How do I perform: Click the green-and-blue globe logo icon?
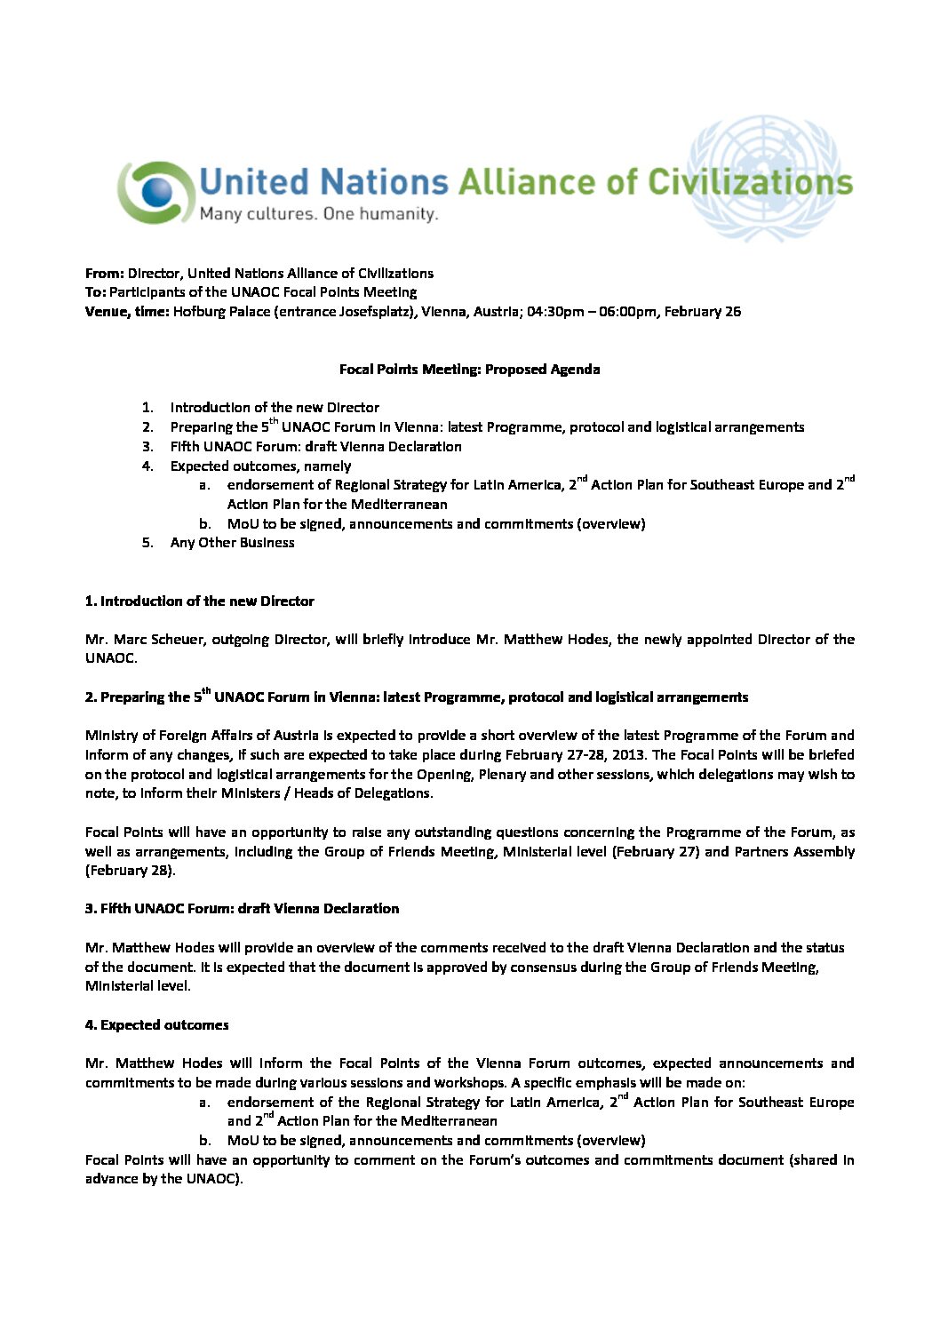click(156, 191)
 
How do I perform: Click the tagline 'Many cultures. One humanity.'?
click(318, 214)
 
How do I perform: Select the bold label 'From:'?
click(104, 274)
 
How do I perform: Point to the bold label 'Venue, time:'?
click(127, 312)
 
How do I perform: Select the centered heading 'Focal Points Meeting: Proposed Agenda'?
click(469, 370)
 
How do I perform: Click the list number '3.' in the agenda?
click(147, 447)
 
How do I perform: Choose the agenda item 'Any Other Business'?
click(232, 543)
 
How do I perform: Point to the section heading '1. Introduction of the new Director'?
click(199, 601)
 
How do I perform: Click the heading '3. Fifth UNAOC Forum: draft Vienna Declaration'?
click(242, 909)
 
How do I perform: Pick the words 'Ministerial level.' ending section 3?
click(138, 986)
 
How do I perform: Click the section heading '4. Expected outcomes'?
click(156, 1025)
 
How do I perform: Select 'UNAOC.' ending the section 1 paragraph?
click(111, 658)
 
